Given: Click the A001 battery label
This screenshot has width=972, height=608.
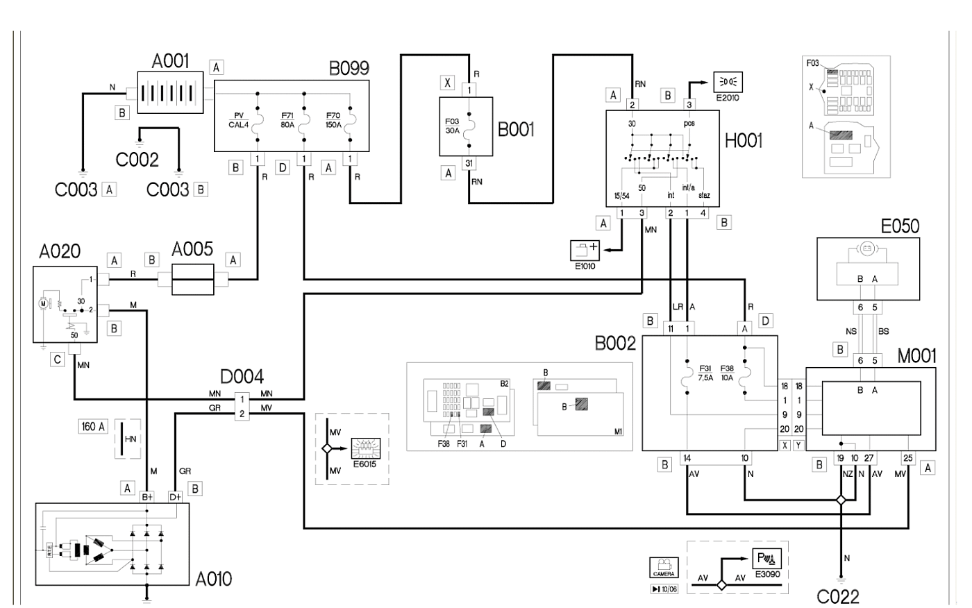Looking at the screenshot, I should [170, 61].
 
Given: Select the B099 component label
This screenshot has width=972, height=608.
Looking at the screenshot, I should [349, 68].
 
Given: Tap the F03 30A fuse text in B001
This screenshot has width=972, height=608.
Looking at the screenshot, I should [452, 125].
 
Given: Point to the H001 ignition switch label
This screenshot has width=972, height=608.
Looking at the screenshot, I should [743, 141].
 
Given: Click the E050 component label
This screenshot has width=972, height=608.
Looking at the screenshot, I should [900, 226].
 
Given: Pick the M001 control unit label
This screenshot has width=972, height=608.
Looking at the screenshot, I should [916, 357].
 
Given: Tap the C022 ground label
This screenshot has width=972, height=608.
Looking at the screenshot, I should [838, 596].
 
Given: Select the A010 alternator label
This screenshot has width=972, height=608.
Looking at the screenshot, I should [213, 578].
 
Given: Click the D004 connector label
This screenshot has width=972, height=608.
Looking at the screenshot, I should [242, 377].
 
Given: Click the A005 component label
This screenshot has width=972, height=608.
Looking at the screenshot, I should [192, 250].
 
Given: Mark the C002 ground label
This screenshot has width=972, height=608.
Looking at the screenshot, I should [137, 159].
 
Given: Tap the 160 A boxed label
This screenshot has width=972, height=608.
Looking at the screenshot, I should [94, 427].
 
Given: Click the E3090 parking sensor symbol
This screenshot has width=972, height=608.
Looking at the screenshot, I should [767, 559].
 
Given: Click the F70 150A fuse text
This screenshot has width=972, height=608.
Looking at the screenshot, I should [333, 121].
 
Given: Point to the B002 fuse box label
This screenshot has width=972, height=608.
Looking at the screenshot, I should [615, 344].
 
